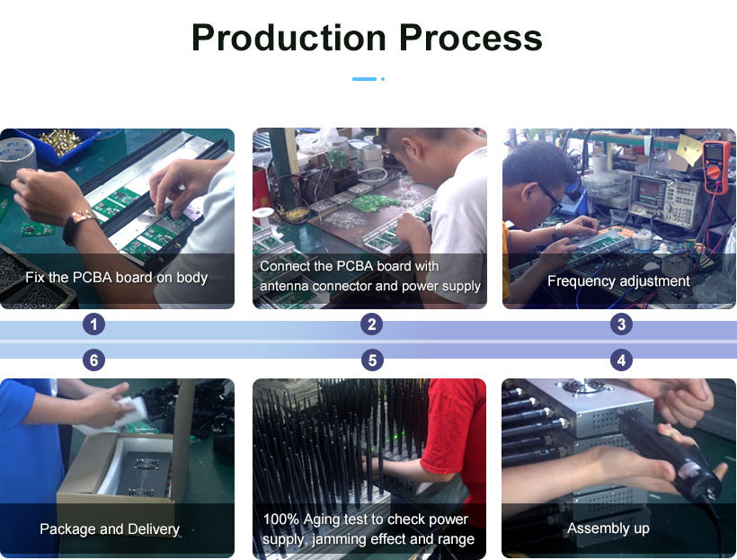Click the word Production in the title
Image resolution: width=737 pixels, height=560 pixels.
click(x=289, y=38)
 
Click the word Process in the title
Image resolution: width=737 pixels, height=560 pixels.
click(x=471, y=38)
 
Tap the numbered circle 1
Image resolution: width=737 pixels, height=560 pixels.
click(x=93, y=324)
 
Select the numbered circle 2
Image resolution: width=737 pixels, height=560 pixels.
click(x=372, y=324)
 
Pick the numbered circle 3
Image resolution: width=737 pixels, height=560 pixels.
click(x=621, y=324)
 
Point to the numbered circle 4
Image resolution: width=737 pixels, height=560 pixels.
click(x=621, y=360)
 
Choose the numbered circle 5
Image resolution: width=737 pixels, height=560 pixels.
click(x=372, y=360)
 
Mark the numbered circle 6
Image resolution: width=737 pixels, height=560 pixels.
click(x=93, y=360)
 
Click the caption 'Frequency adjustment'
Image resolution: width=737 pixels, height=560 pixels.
click(x=618, y=281)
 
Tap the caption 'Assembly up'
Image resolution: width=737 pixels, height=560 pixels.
click(x=608, y=529)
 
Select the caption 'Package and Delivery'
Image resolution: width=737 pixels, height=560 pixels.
click(x=110, y=529)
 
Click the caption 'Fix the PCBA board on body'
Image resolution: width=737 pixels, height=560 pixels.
click(x=117, y=278)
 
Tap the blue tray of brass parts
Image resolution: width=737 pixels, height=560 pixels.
click(x=58, y=144)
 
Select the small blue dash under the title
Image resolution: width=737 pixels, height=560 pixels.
click(x=364, y=79)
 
